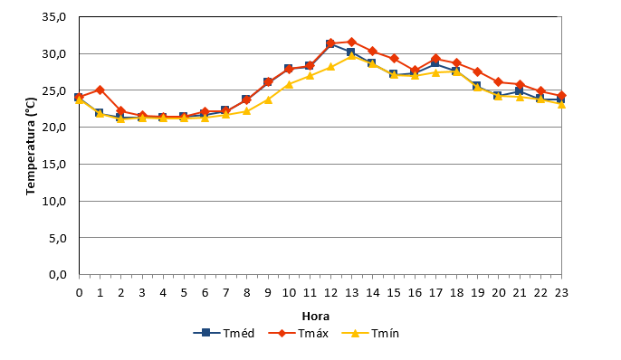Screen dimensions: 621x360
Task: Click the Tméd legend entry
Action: [224, 333]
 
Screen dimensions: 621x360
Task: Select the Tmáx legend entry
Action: [298, 333]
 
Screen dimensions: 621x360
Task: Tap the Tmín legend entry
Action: [370, 333]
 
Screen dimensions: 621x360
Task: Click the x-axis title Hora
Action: [316, 316]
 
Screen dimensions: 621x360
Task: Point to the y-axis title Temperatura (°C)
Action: [31, 147]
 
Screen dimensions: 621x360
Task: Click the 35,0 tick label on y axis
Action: [54, 17]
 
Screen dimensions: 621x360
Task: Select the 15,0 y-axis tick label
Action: [54, 165]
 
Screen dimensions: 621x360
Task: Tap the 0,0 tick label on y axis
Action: [57, 275]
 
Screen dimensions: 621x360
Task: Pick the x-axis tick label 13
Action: [351, 293]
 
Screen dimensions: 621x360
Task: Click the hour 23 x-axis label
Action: [561, 293]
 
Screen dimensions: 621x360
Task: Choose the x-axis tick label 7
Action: [225, 293]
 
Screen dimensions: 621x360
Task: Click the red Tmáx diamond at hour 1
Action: [100, 90]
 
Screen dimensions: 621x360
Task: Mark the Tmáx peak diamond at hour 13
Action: [351, 42]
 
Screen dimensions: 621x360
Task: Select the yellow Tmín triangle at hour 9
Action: [268, 99]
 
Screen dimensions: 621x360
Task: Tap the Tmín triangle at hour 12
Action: [330, 66]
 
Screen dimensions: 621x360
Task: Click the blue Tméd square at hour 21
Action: [520, 91]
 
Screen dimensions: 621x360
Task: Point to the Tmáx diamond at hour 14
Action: [373, 51]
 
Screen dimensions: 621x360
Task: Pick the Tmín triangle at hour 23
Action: [561, 104]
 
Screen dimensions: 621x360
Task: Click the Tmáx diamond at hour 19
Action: [478, 71]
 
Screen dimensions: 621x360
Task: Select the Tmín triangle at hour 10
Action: [289, 84]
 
